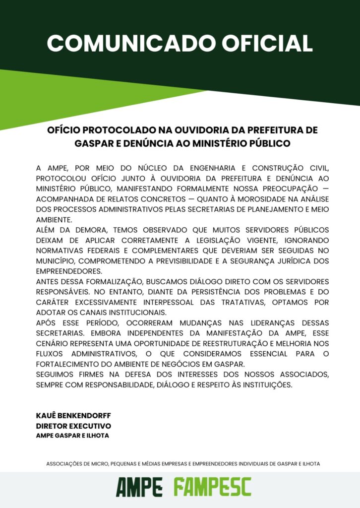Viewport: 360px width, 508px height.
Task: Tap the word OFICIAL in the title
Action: [267, 43]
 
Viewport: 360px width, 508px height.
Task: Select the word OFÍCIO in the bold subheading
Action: [63, 130]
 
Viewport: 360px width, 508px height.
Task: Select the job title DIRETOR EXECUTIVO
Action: [73, 426]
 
